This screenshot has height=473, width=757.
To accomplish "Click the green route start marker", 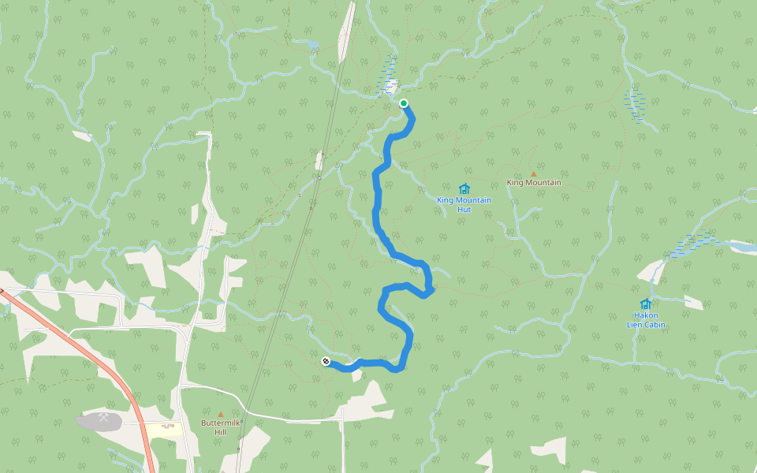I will pyautogui.click(x=404, y=103).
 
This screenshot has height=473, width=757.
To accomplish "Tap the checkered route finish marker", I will pyautogui.click(x=326, y=362).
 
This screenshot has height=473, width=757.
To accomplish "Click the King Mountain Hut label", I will pyautogui.click(x=464, y=204).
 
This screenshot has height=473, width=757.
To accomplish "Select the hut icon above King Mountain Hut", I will pyautogui.click(x=464, y=188).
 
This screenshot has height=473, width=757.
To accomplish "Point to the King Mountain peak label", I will pyautogui.click(x=534, y=183).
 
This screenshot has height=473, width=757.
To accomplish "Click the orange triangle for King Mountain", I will pyautogui.click(x=533, y=173).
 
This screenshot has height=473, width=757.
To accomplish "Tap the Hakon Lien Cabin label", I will pyautogui.click(x=646, y=320).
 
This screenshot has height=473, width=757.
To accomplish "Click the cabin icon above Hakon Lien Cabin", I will pyautogui.click(x=646, y=304).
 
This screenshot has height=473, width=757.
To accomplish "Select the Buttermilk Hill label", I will pyautogui.click(x=220, y=426).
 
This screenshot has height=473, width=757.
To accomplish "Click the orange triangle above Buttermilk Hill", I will pyautogui.click(x=221, y=414).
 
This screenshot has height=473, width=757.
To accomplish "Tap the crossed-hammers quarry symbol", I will pyautogui.click(x=103, y=418).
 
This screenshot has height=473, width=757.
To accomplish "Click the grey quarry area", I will pyautogui.click(x=88, y=423).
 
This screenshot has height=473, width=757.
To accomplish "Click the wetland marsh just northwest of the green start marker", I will pyautogui.click(x=389, y=76).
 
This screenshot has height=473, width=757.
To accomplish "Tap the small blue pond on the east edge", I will pyautogui.click(x=744, y=248).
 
